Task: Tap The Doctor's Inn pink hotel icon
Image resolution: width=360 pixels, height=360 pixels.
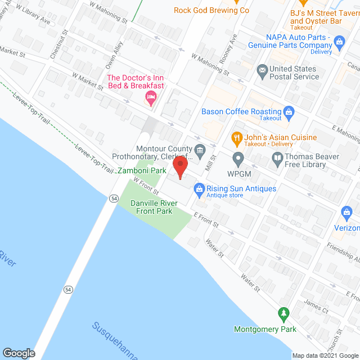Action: [x=150, y=99]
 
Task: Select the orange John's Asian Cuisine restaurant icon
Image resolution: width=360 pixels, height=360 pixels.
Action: [x=237, y=137]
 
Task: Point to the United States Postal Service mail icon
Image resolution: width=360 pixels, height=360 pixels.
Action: [x=262, y=71]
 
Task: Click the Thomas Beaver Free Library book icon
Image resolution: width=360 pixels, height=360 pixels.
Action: [x=277, y=158]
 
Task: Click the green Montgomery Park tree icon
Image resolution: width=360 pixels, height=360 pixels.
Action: [x=285, y=313]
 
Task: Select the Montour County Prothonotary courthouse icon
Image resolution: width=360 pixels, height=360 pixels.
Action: [x=199, y=150]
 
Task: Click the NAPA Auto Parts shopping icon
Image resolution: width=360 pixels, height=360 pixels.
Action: [x=339, y=41]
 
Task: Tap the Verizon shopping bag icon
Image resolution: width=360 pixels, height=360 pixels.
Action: [x=346, y=213]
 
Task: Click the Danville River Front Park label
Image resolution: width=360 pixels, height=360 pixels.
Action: [x=154, y=207]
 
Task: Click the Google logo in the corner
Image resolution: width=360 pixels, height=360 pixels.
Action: [x=18, y=353]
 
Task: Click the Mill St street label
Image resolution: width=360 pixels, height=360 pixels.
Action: [x=210, y=165]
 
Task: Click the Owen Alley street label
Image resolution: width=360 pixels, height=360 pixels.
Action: [x=115, y=55]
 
